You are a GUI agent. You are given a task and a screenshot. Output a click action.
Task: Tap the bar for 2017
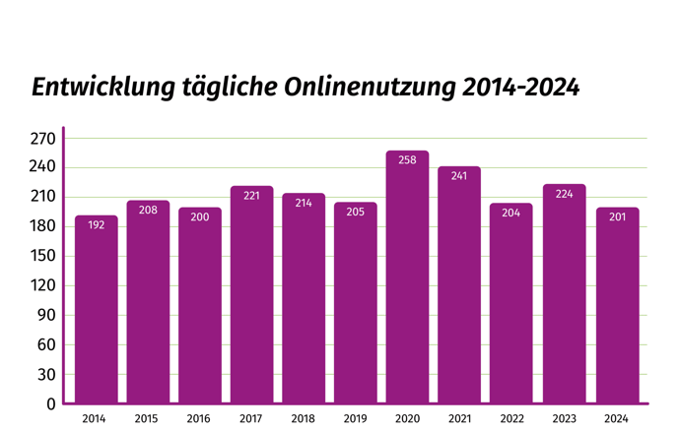tap(251, 295)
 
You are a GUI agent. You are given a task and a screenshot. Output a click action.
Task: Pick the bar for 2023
tap(564, 294)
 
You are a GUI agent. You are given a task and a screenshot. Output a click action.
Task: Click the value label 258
tap(407, 160)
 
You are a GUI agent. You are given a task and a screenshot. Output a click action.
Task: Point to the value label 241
tap(459, 177)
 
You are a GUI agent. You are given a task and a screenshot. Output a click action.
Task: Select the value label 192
tap(96, 225)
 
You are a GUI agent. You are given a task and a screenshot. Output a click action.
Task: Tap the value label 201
tap(617, 216)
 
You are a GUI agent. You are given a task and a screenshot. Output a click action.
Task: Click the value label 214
tap(304, 204)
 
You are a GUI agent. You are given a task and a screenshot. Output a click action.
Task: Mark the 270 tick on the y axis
tap(41, 139)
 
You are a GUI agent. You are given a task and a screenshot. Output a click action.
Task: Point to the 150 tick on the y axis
tap(41, 257)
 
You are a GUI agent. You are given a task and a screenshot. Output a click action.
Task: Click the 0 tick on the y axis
tap(50, 403)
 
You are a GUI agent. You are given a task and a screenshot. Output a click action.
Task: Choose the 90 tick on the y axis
tap(45, 316)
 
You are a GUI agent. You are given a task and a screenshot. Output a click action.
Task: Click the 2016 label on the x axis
tap(199, 419)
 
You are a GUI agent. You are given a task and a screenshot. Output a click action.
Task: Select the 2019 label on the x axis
tap(355, 419)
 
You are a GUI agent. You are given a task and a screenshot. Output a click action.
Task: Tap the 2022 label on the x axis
tap(511, 419)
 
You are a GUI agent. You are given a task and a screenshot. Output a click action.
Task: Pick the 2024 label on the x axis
tap(617, 419)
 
